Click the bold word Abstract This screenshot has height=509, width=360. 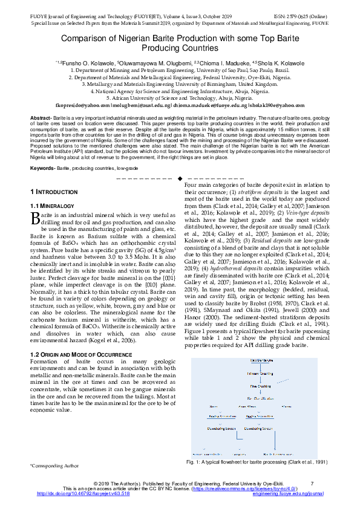pos(40,117)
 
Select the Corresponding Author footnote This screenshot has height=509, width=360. pos(54,466)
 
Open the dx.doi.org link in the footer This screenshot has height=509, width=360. pos(83,493)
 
